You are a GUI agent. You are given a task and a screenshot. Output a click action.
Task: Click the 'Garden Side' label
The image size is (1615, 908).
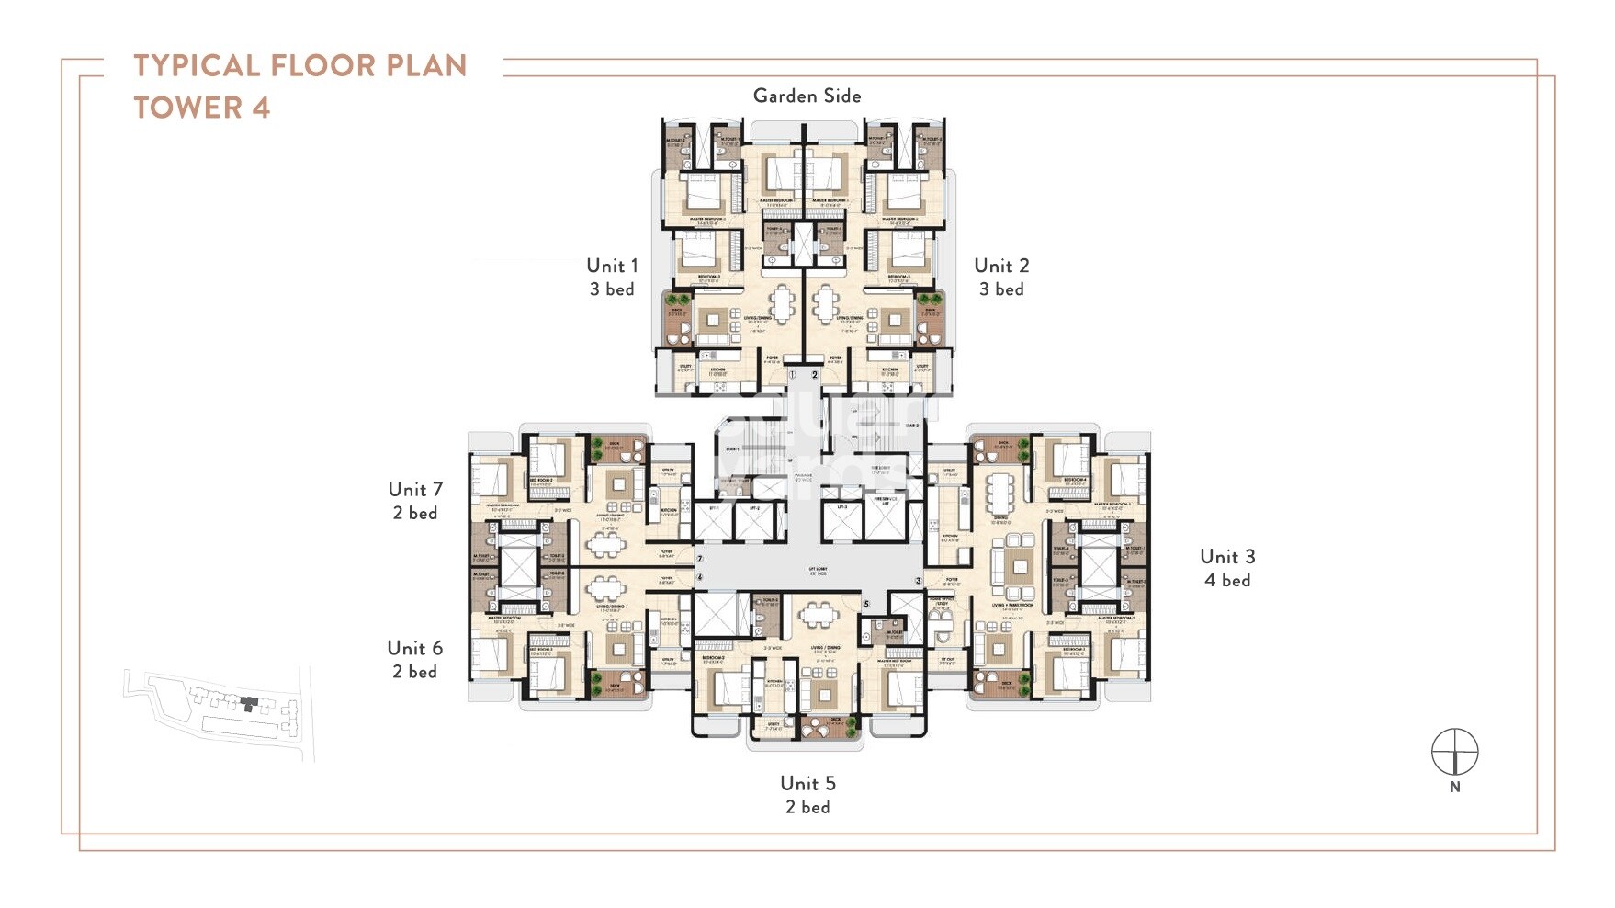click(x=807, y=96)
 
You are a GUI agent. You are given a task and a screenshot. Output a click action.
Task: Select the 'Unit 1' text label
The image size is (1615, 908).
click(x=612, y=266)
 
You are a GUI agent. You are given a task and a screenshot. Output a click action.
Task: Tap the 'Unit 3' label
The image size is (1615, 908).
click(x=1227, y=557)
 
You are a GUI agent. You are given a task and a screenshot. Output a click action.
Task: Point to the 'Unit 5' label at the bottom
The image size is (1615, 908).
click(x=807, y=783)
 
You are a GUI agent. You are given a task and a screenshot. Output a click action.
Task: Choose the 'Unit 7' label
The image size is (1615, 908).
click(x=415, y=490)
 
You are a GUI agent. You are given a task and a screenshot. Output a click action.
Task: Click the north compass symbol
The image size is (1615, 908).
click(x=1454, y=753)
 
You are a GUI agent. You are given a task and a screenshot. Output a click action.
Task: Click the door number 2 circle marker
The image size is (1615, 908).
click(x=814, y=375)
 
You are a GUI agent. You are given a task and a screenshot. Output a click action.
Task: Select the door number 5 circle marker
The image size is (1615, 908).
click(x=866, y=605)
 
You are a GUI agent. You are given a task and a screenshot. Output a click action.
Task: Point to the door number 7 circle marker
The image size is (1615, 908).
click(x=700, y=559)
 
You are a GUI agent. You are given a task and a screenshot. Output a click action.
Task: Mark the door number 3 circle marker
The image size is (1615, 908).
click(x=918, y=582)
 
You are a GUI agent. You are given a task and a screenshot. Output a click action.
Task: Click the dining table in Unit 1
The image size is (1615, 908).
click(x=782, y=304)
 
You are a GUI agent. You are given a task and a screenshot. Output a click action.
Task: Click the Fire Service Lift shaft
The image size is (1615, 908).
click(x=886, y=520)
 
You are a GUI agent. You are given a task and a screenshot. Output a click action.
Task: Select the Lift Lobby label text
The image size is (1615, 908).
click(x=818, y=573)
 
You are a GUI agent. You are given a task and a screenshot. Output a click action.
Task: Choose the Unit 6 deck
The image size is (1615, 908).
click(x=619, y=684)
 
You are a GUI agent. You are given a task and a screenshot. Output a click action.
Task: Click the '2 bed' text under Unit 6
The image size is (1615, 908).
click(x=415, y=672)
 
